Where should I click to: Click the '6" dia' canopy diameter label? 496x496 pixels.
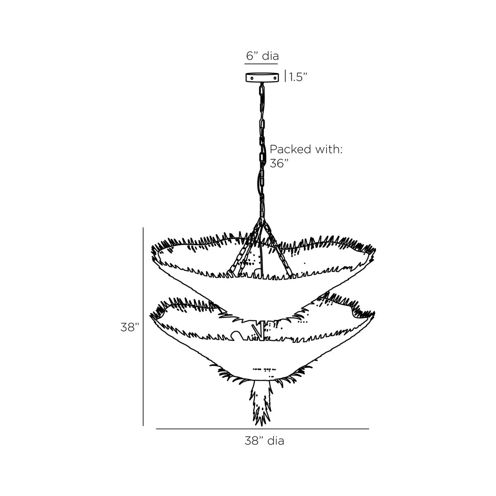click(x=262, y=56)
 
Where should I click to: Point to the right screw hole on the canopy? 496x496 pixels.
click(x=272, y=78)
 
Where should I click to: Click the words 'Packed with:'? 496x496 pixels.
click(x=306, y=149)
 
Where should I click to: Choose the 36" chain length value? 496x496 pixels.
click(x=279, y=163)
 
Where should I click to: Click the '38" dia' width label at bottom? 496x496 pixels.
click(x=264, y=441)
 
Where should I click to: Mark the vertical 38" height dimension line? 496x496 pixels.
click(x=143, y=327)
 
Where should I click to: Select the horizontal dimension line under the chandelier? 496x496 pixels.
click(x=262, y=429)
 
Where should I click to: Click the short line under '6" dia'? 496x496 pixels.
click(x=261, y=64)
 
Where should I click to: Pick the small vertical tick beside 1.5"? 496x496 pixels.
click(x=285, y=76)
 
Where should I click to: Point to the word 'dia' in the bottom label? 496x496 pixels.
click(x=275, y=441)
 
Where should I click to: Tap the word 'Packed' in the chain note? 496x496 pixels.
click(x=290, y=149)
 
